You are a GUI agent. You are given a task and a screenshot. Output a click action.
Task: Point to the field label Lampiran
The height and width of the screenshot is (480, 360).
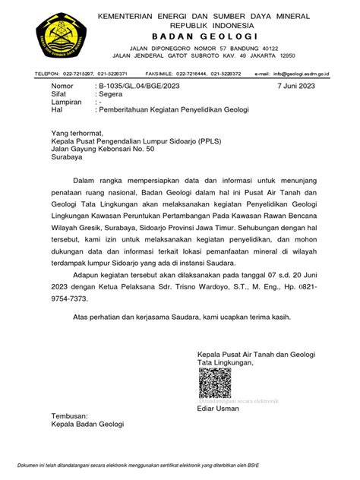click(x=66, y=103)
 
